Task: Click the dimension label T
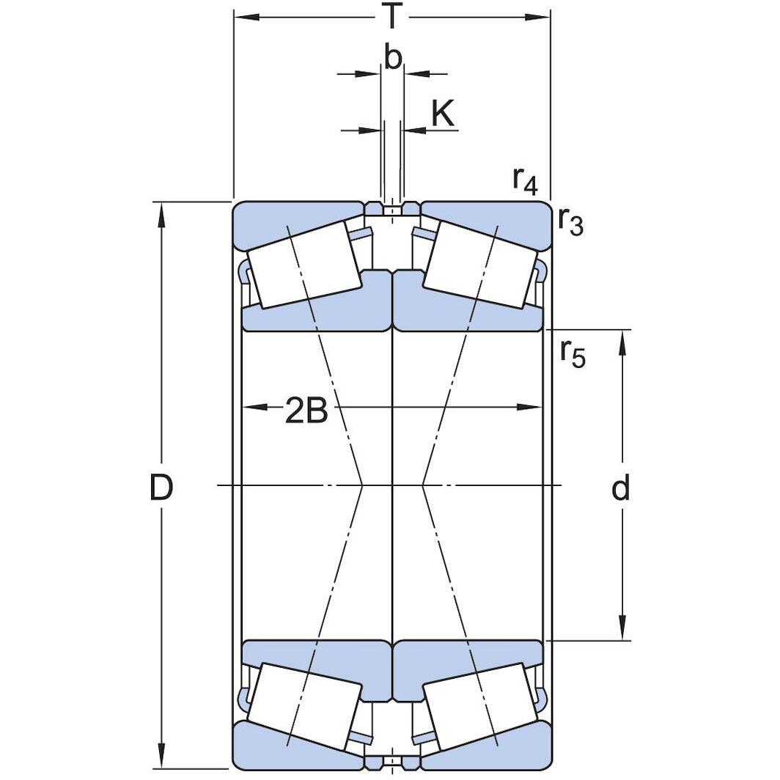point(393,16)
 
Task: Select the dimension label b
point(393,59)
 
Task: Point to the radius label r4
point(525,180)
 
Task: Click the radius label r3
point(570,220)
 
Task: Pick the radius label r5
point(573,353)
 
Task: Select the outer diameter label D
point(161,487)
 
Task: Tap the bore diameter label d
point(621,488)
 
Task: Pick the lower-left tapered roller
point(303,706)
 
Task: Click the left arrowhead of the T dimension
point(243,16)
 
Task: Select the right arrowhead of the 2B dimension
point(532,407)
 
